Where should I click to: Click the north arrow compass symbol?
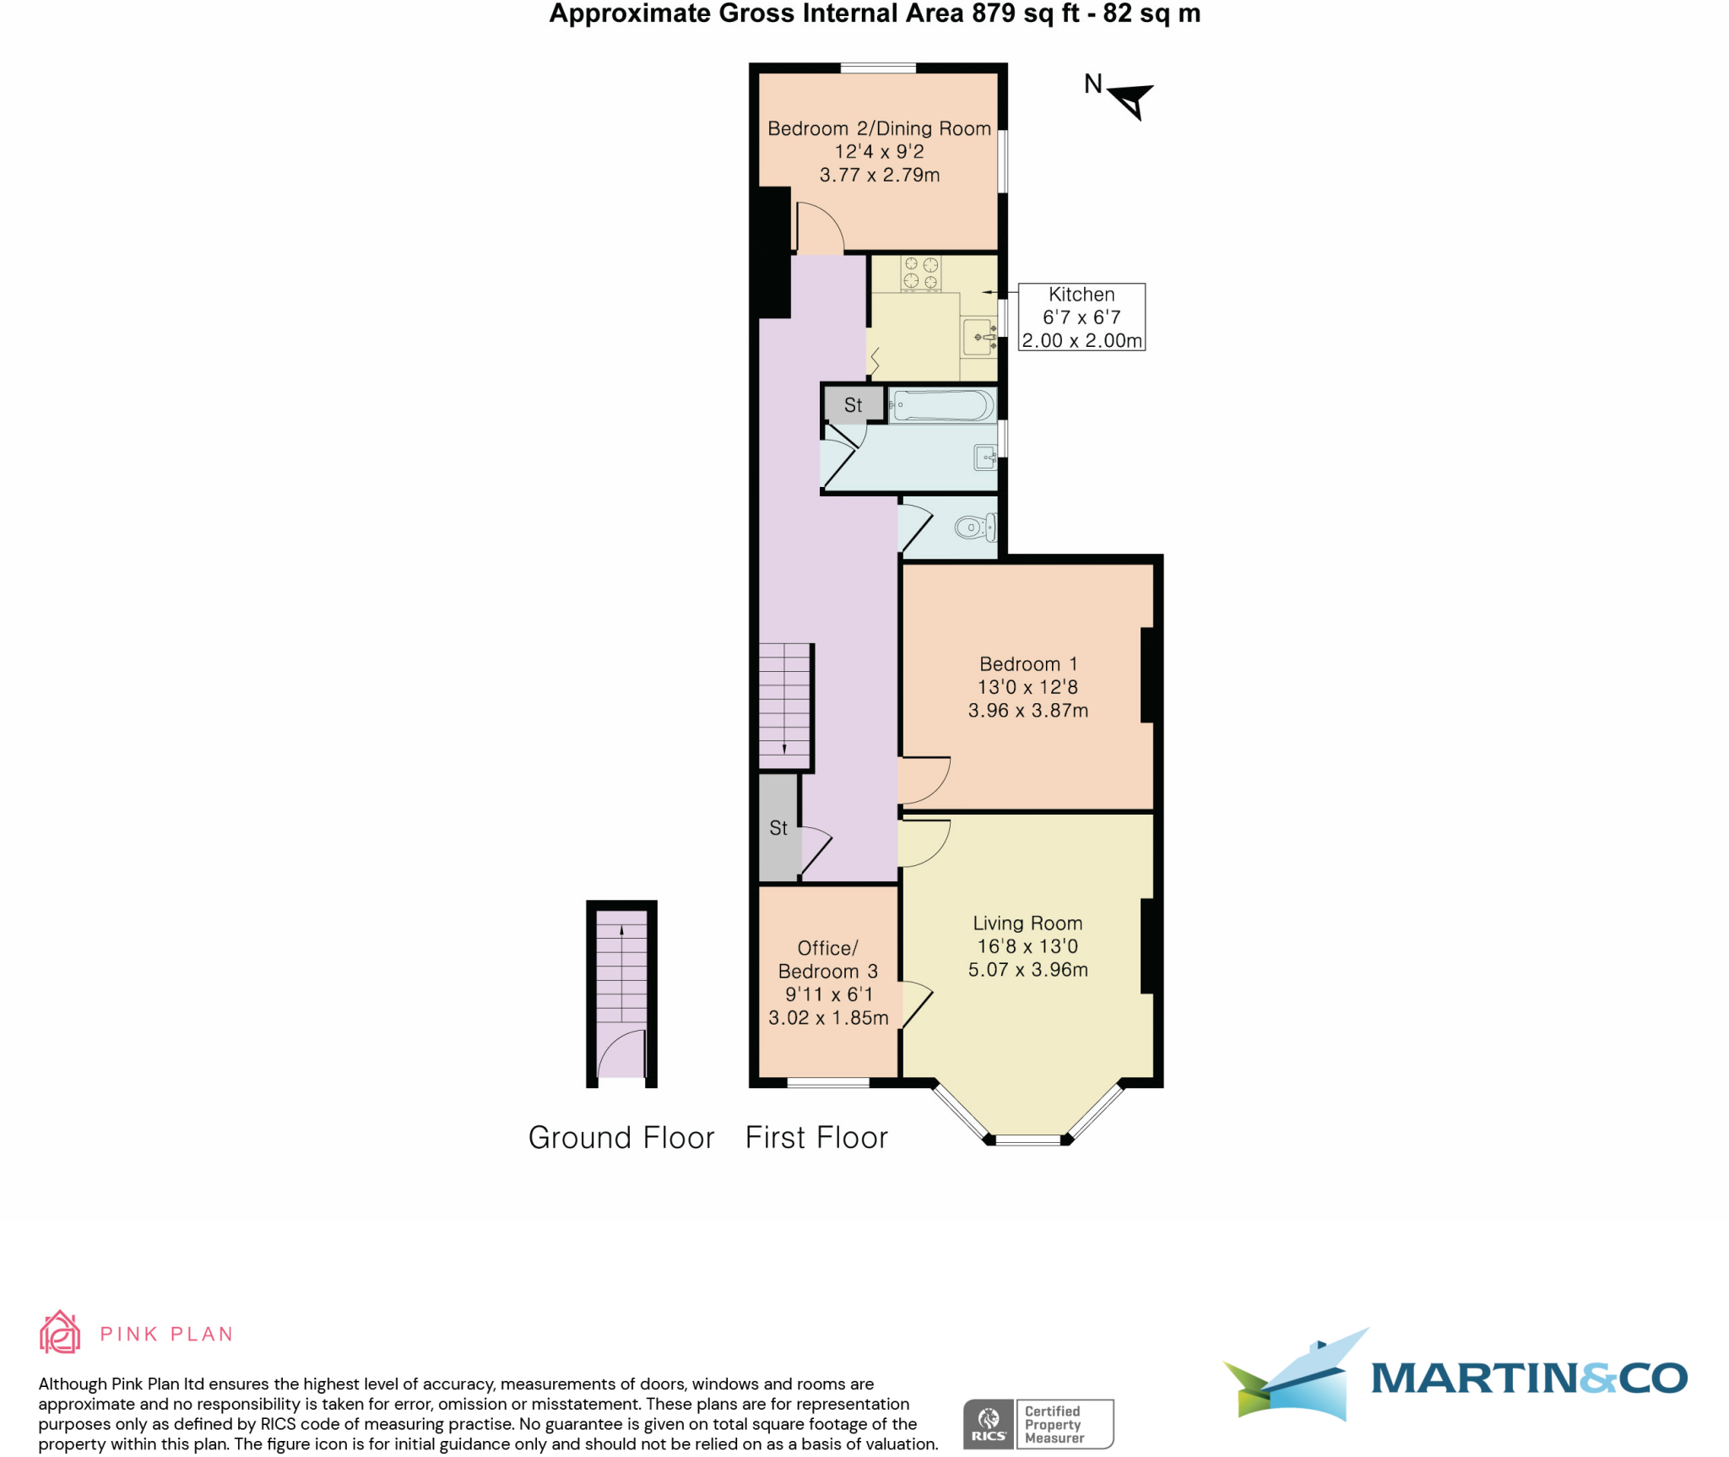(x=1131, y=100)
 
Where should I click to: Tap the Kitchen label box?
(x=1081, y=317)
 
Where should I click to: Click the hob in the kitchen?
(x=920, y=274)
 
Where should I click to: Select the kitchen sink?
(x=979, y=337)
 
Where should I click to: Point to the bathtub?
(x=942, y=405)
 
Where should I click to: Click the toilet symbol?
(x=974, y=528)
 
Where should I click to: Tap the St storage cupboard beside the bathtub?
(x=854, y=404)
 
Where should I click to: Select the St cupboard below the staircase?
(x=778, y=828)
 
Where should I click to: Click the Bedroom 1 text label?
(x=1027, y=664)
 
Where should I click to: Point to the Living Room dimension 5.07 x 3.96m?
(x=1027, y=969)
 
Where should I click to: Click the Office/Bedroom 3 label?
(x=827, y=960)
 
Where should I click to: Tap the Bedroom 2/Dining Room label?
(x=879, y=128)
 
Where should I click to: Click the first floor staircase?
(x=785, y=705)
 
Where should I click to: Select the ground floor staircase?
(x=621, y=971)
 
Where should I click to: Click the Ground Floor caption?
(x=621, y=1137)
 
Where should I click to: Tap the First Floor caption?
(x=816, y=1137)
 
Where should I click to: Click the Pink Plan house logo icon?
(x=60, y=1332)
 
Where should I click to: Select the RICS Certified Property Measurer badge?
(x=1038, y=1423)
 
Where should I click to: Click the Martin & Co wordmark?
(x=1528, y=1378)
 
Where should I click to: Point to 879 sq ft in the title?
(x=1024, y=14)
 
